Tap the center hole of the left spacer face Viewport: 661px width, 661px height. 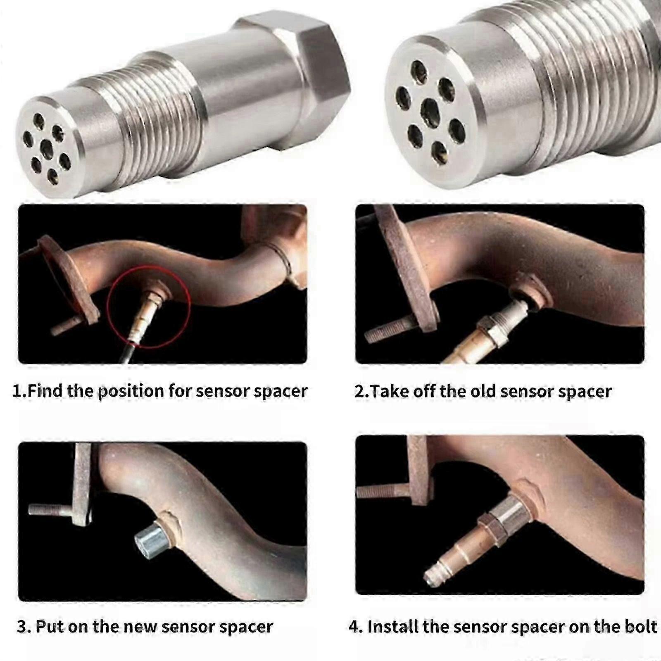46,149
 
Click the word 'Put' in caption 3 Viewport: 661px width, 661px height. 50,627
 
